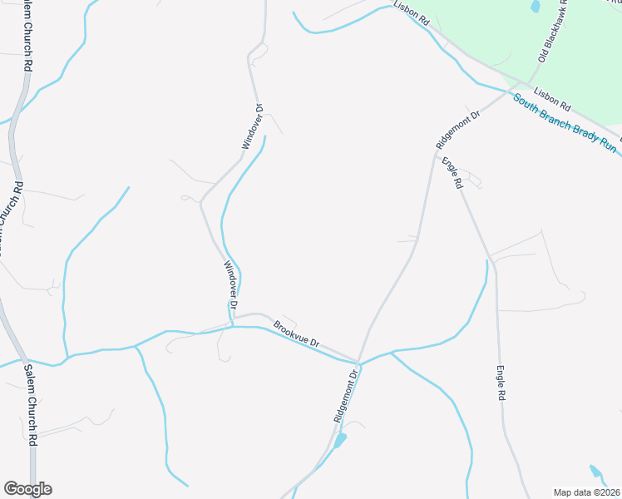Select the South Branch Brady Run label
click(565, 123)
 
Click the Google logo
click(27, 489)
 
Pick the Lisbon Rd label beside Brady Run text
click(552, 100)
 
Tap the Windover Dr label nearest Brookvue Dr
click(230, 286)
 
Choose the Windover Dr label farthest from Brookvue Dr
click(252, 126)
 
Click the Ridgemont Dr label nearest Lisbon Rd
click(458, 130)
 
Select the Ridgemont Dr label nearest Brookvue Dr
click(347, 398)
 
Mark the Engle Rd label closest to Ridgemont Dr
click(452, 173)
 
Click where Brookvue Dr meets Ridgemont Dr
click(358, 362)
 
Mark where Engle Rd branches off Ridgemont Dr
click(434, 153)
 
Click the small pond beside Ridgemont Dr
click(340, 440)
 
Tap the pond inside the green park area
click(535, 6)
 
